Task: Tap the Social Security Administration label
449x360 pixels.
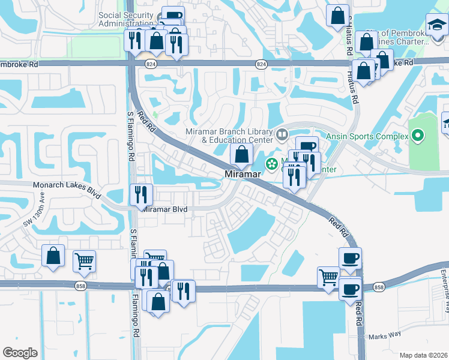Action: [126, 19]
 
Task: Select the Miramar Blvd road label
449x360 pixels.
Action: [165, 209]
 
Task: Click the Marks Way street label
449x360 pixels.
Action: [384, 337]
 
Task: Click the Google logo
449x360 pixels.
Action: [20, 352]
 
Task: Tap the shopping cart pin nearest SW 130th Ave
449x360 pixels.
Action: [84, 260]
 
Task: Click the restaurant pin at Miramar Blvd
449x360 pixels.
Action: [142, 194]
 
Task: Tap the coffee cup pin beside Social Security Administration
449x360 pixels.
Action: [173, 16]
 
